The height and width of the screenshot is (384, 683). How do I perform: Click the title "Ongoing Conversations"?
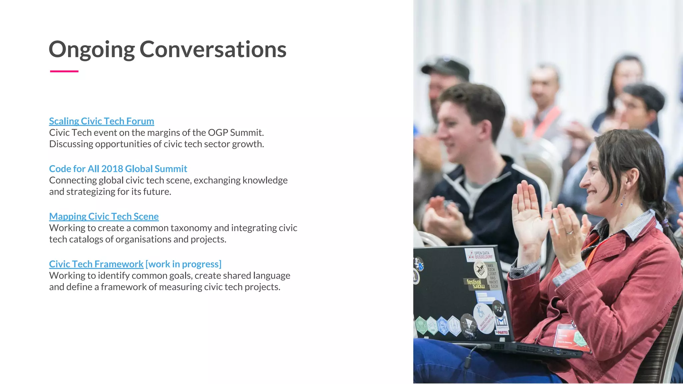coord(167,49)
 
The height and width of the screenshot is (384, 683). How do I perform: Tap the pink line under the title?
coord(64,71)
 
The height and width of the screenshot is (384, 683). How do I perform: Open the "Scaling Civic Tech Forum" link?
coord(101,121)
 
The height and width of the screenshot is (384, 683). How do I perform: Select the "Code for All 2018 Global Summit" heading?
coord(118,169)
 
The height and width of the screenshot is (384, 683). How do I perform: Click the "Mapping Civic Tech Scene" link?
coord(104,216)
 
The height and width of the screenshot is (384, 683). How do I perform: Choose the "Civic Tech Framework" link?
coord(96,264)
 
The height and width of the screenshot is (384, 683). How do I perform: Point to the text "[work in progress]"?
coord(183,264)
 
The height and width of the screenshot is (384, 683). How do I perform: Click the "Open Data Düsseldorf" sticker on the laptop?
coord(480,255)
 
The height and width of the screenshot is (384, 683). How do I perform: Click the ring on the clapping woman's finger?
coord(570,232)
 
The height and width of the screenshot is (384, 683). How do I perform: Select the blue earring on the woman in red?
coord(621,203)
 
